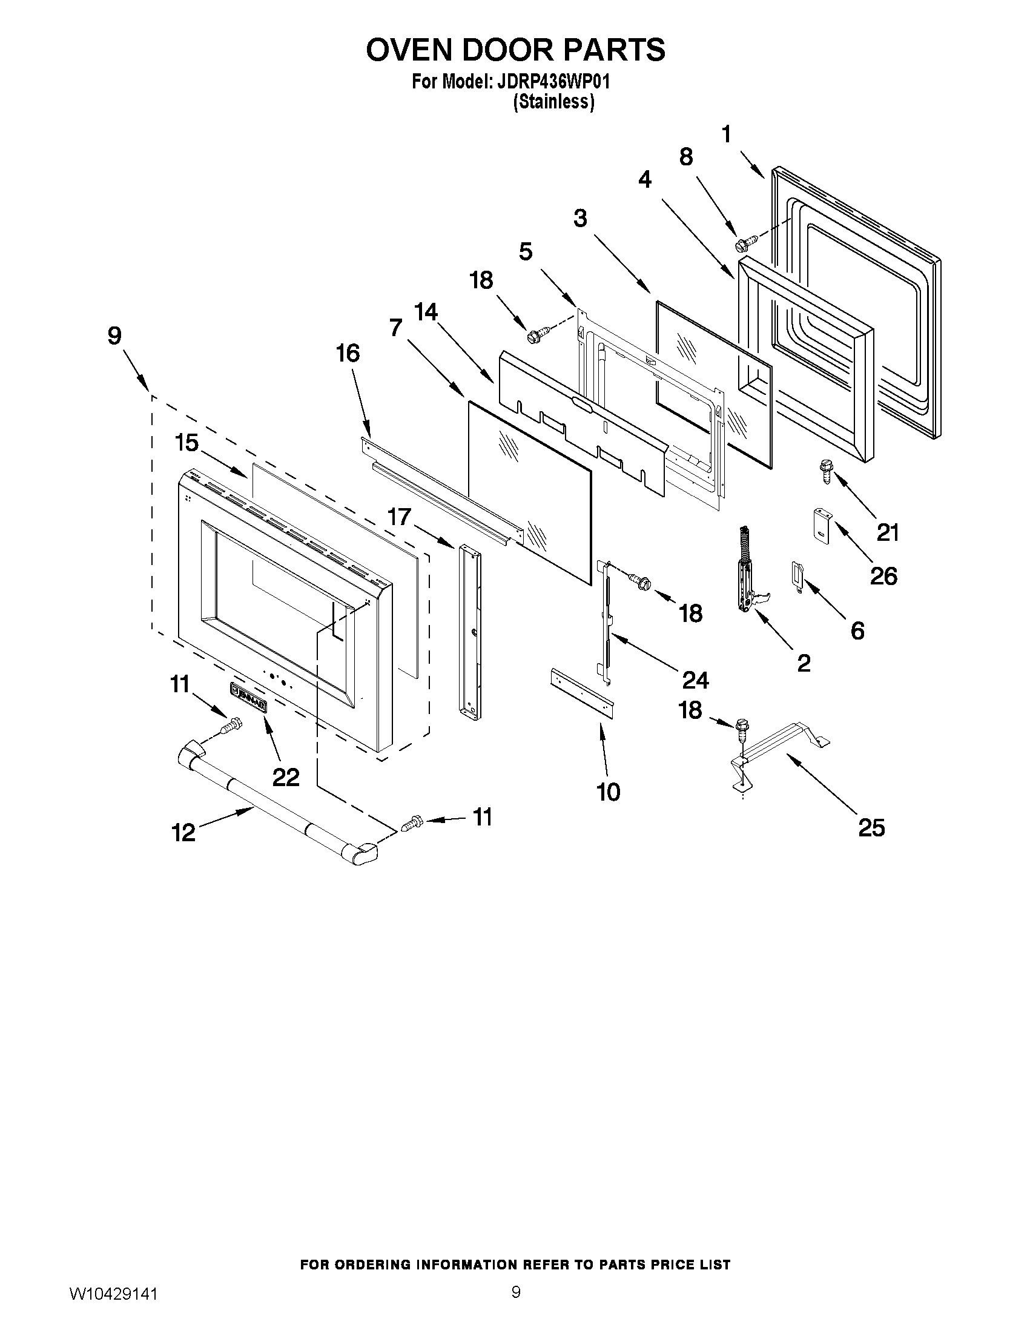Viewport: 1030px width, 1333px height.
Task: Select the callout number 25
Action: pos(871,829)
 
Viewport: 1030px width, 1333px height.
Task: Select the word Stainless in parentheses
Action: pos(553,102)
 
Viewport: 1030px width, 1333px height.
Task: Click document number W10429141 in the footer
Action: pos(113,1291)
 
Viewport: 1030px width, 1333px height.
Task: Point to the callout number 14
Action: pos(426,312)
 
